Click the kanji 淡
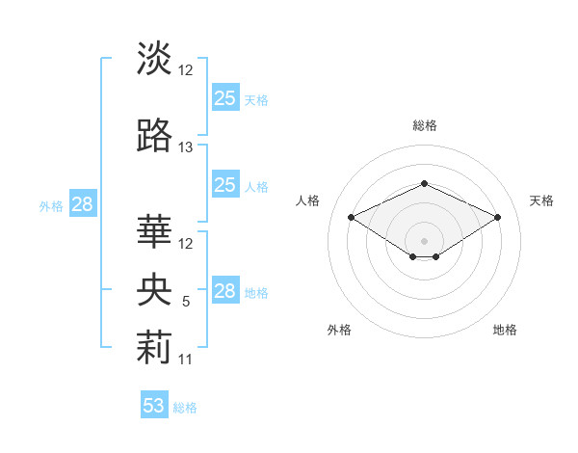coord(154,59)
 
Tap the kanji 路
coord(154,137)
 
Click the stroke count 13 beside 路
coord(186,147)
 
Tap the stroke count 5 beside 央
coord(186,302)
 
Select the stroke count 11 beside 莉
coord(186,360)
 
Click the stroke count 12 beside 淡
coord(186,69)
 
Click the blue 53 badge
coord(153,406)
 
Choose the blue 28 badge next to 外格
coord(82,204)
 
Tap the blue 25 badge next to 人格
coord(224,185)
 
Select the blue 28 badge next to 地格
coord(224,291)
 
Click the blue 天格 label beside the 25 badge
coord(256,99)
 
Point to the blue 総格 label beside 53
coord(185,408)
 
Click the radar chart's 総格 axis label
coord(424,125)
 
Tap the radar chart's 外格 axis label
coord(339,330)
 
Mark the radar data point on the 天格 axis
coord(497,217)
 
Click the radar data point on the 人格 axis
coord(351,217)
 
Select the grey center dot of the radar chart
coord(424,239)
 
